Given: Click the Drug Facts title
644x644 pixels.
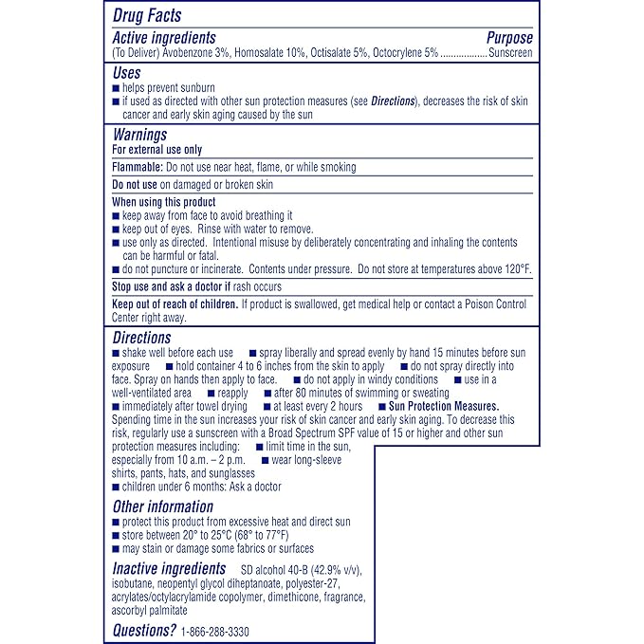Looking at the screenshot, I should (x=147, y=15).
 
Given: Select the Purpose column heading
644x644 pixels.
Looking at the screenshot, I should (x=509, y=38).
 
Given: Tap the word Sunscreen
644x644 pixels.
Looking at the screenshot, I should (x=510, y=54).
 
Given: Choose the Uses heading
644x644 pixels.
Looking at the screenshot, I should (x=126, y=72).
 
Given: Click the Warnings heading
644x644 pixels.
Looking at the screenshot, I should (x=139, y=135).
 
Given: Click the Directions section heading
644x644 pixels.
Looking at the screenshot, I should (x=141, y=338).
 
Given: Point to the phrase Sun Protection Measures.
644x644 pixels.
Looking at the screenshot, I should (x=445, y=406).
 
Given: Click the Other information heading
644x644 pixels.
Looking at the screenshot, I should (x=163, y=506).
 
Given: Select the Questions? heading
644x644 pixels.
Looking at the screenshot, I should (x=145, y=630).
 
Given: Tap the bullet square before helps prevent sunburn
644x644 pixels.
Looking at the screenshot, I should (x=116, y=88).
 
